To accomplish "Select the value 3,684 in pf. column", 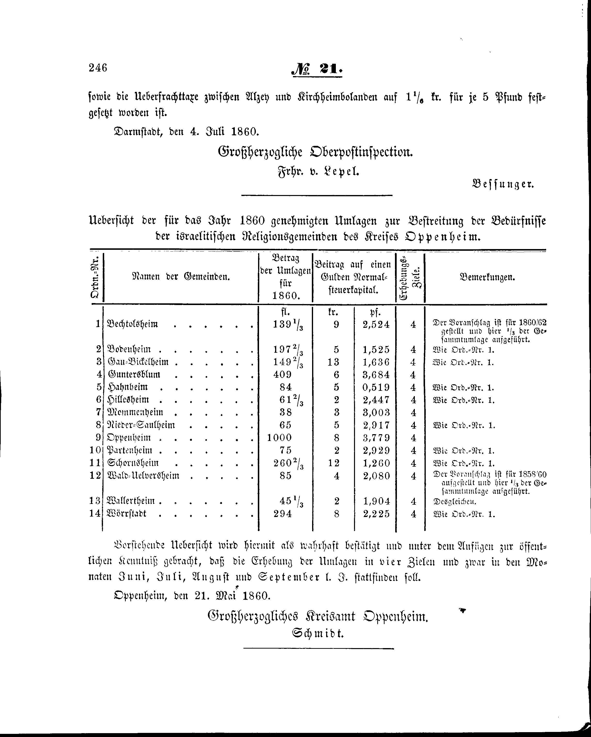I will tap(376, 375).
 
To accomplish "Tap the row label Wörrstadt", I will tap(127, 514).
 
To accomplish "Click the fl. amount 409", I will tap(282, 375).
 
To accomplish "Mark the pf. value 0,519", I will tap(376, 388).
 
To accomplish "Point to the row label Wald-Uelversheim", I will tap(143, 476).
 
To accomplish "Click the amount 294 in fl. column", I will tap(283, 514).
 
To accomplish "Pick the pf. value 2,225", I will tap(376, 514).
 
